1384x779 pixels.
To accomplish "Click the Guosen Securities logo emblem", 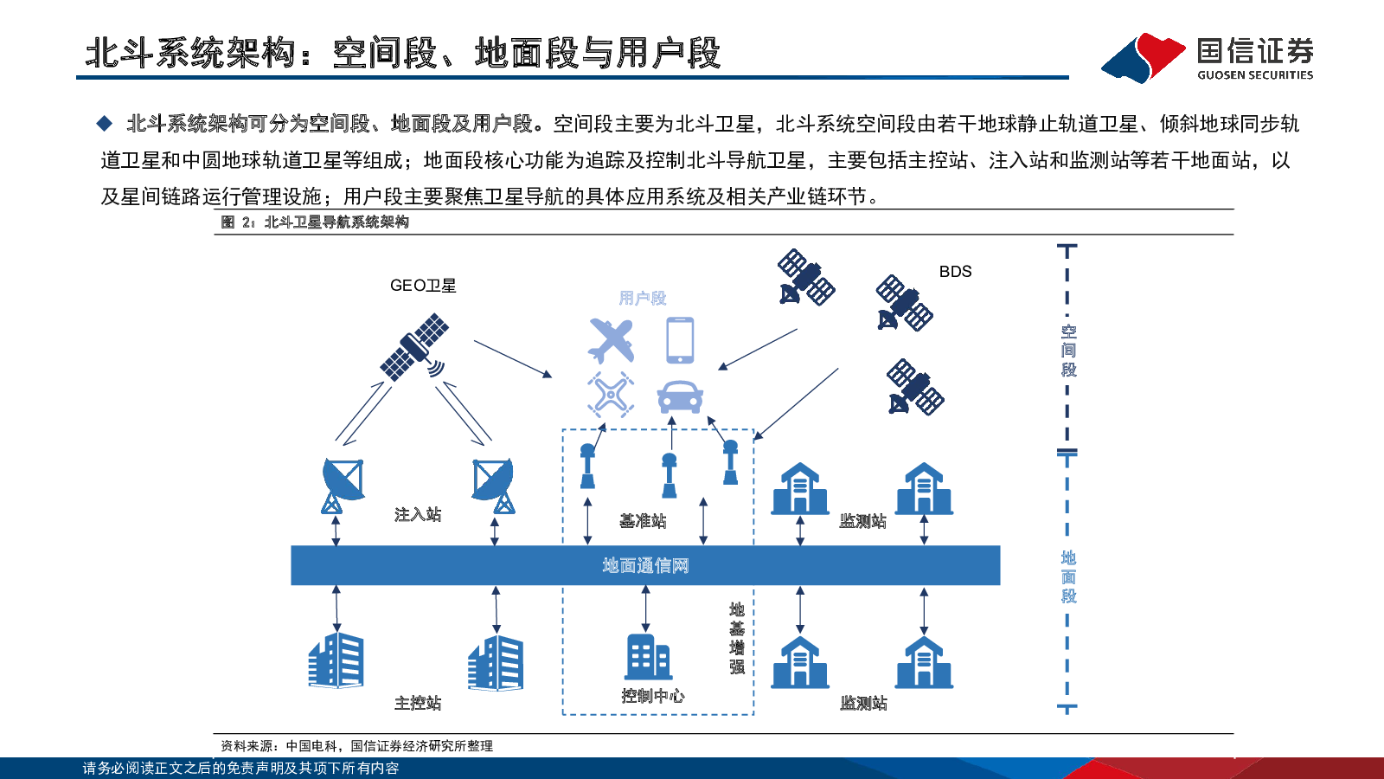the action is (1143, 57).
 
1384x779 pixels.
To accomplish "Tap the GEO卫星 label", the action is (423, 286).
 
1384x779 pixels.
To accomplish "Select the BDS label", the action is (955, 272).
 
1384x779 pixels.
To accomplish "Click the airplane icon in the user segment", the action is (611, 341).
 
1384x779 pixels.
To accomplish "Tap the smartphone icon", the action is (680, 340).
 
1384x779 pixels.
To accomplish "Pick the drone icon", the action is (611, 395).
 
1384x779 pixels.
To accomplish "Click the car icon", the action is (680, 396).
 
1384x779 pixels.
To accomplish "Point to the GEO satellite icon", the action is (414, 347).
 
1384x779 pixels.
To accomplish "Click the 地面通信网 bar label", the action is (645, 565).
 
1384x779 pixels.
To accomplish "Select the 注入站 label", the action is (418, 514).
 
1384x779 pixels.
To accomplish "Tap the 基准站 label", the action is (643, 521).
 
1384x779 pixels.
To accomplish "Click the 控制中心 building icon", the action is (648, 657).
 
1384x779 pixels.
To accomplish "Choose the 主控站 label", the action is (418, 703).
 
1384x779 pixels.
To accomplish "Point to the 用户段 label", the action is (643, 298).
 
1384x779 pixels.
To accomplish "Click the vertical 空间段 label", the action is (1068, 351).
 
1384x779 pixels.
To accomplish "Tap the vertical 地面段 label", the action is (1068, 576).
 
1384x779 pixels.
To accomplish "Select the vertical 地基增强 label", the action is (736, 638).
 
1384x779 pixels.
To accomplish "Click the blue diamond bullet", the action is (105, 124).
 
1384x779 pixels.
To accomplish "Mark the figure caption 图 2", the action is (315, 222).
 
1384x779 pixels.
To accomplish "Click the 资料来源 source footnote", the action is (357, 746).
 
